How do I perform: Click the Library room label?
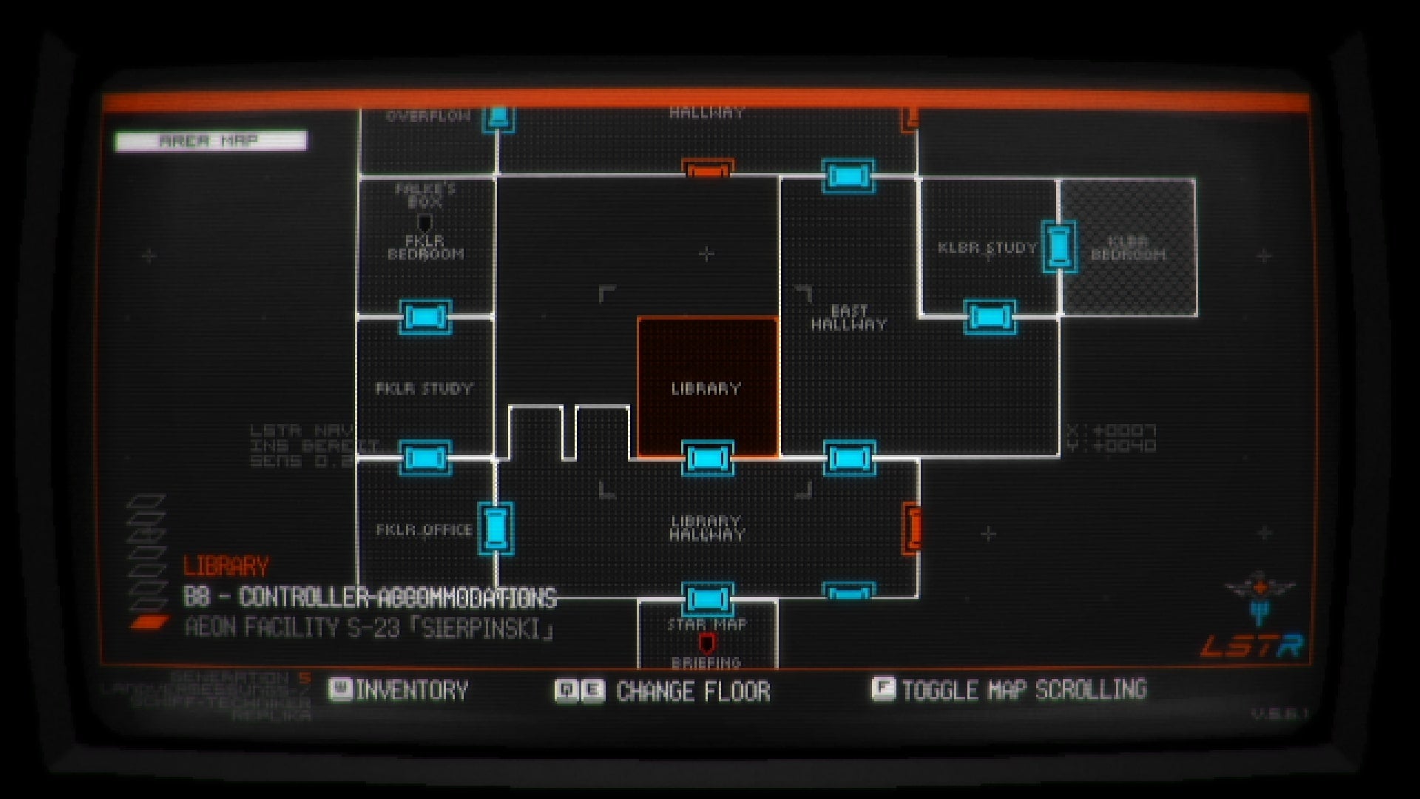point(706,388)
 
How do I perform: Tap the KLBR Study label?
point(987,248)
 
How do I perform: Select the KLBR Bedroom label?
point(1128,248)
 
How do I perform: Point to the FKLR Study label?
point(424,388)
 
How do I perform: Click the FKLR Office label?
point(424,530)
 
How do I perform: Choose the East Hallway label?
point(848,317)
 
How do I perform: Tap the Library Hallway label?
point(706,527)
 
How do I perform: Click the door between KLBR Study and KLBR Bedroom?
point(1058,246)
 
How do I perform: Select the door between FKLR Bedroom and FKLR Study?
point(425,317)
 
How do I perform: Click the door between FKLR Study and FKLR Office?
point(425,458)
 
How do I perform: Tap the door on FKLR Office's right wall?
point(496,528)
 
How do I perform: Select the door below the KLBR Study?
point(990,317)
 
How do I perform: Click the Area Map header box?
point(211,141)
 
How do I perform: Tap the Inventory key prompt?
point(399,690)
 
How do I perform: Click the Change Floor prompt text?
point(693,692)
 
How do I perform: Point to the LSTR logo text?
point(1251,646)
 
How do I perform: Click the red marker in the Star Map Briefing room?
point(707,642)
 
